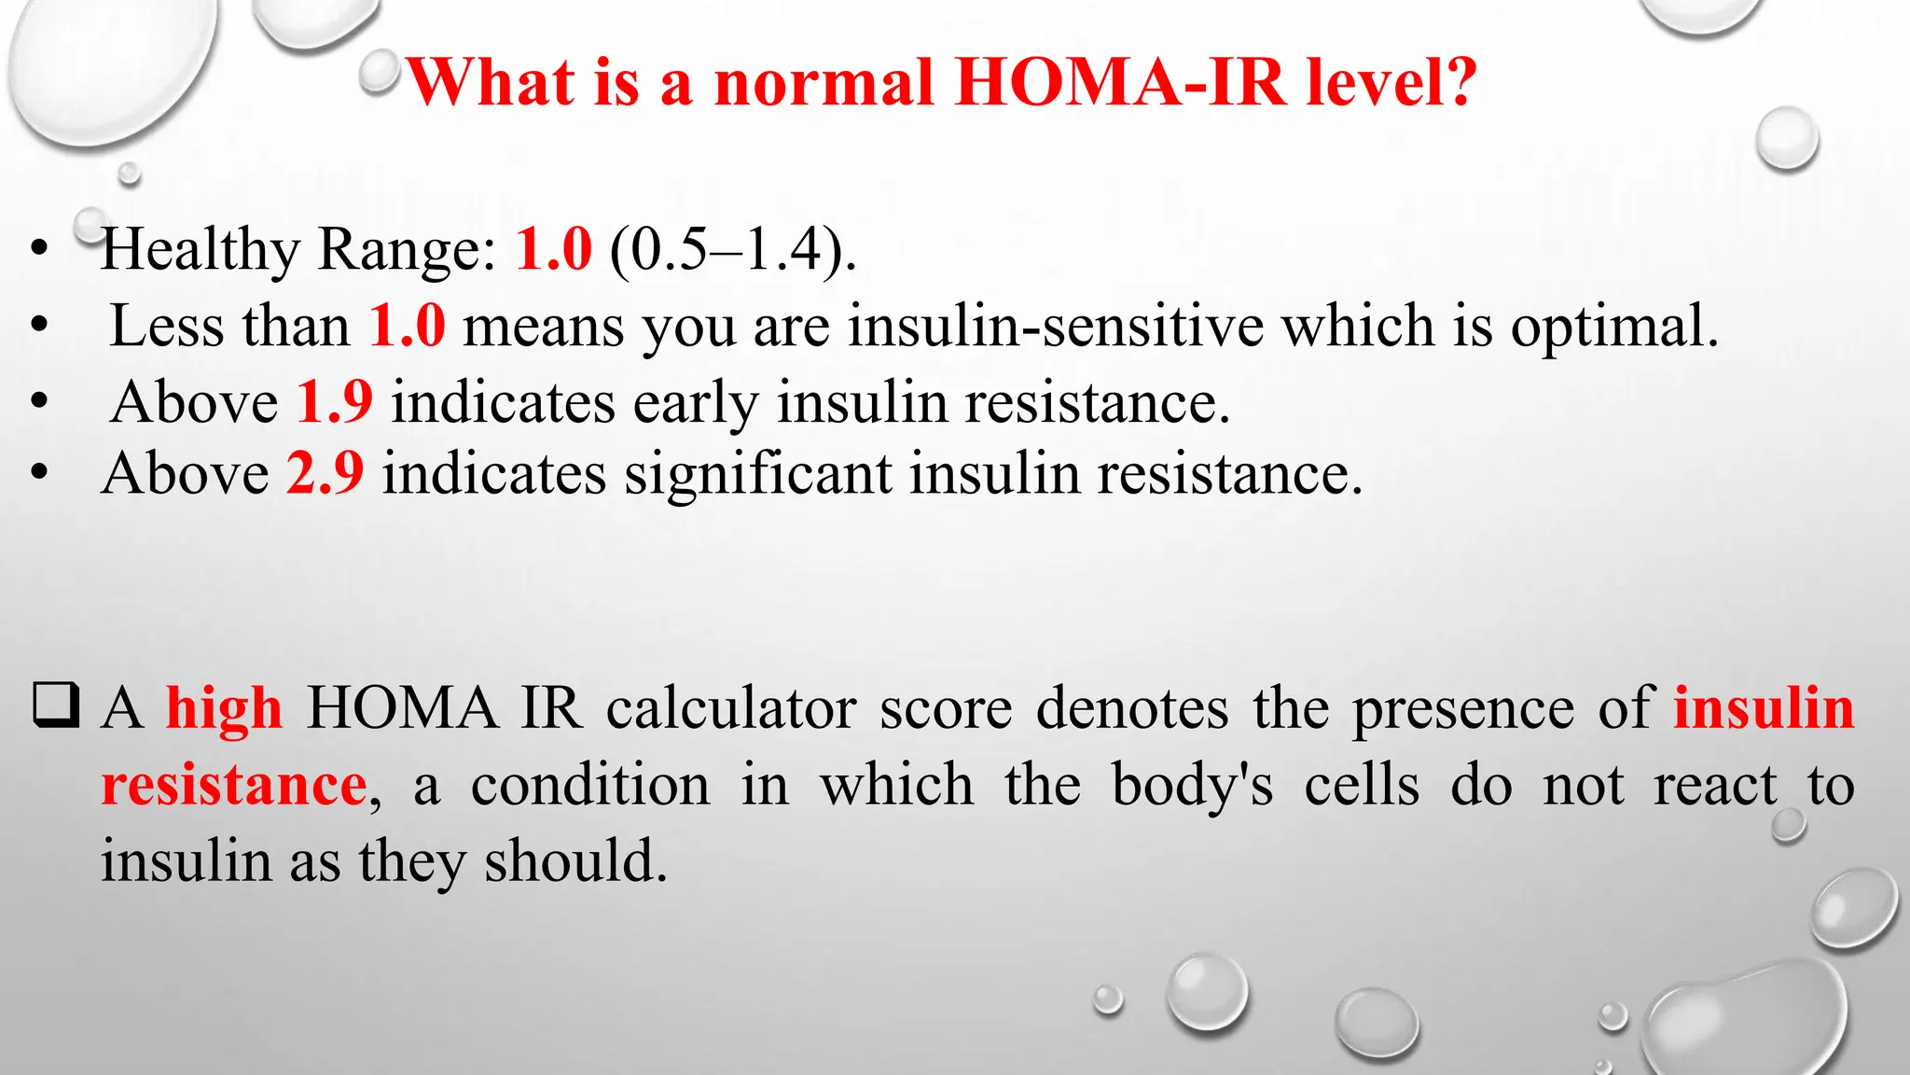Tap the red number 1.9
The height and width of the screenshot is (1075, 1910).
click(x=335, y=402)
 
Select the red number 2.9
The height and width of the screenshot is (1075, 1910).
click(x=325, y=473)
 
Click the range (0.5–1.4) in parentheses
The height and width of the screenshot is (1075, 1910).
click(x=733, y=250)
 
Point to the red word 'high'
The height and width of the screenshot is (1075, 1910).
click(x=224, y=708)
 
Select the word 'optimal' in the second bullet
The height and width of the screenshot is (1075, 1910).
click(x=1613, y=327)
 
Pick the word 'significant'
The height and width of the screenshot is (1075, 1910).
click(x=758, y=473)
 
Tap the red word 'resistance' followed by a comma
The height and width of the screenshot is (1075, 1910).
click(x=234, y=785)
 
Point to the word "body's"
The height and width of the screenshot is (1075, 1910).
click(x=1193, y=785)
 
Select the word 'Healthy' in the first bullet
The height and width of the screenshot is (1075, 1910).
click(x=201, y=250)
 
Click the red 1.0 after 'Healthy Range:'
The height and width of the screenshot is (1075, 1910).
click(x=554, y=249)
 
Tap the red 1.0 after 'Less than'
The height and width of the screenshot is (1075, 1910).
click(x=407, y=327)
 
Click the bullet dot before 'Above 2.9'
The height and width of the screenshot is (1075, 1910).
click(x=38, y=473)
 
